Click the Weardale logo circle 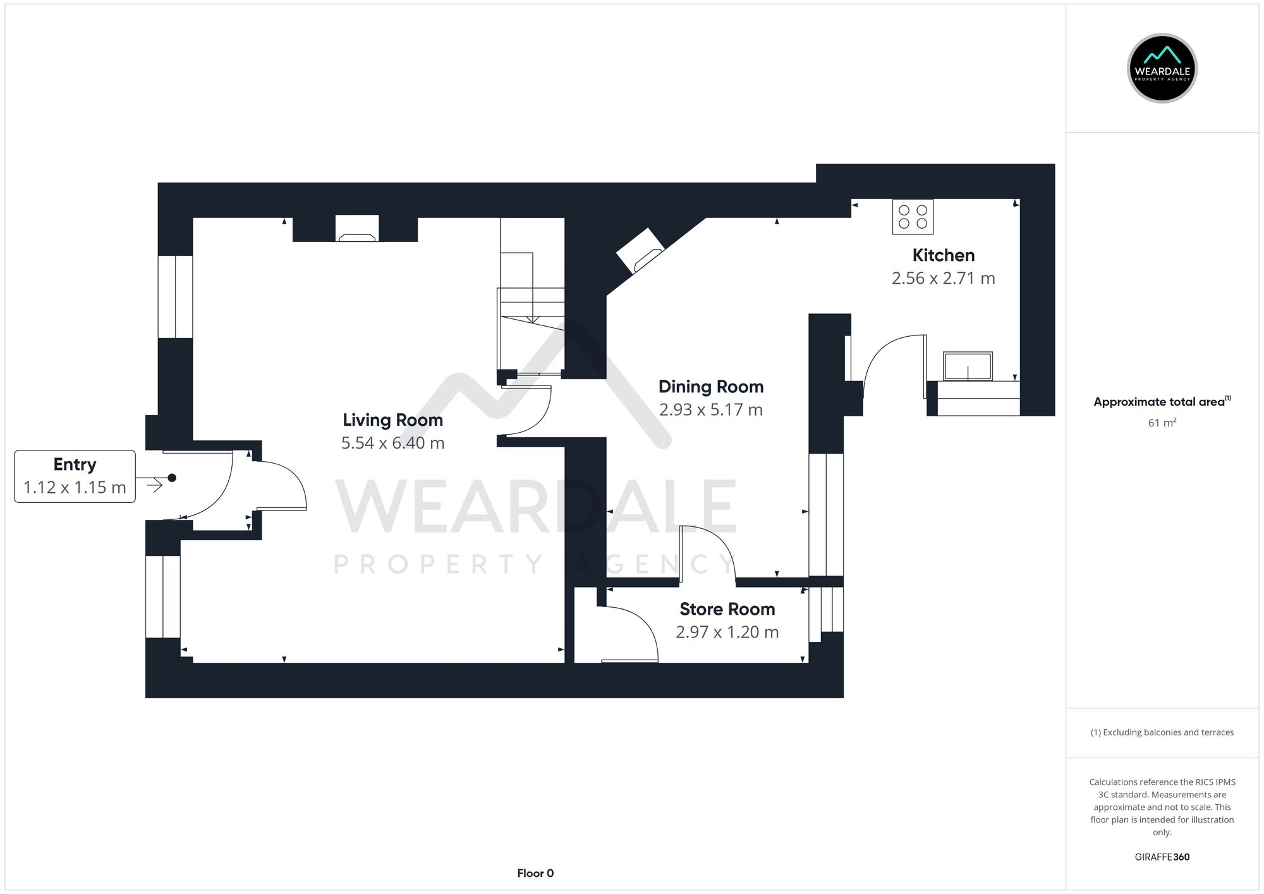tap(1162, 68)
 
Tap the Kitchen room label tap(943, 255)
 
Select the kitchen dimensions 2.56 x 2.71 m tap(943, 279)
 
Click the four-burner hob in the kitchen tap(913, 217)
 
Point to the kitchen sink tap(968, 366)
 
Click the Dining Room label tap(710, 387)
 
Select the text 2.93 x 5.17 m tap(710, 410)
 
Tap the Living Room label tap(392, 420)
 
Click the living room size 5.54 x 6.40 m tap(392, 443)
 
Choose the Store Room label tap(727, 609)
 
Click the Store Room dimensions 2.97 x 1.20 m tap(727, 632)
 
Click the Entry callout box tap(75, 476)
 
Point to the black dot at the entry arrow tap(172, 478)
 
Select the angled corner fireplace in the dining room tap(640, 250)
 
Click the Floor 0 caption tap(535, 873)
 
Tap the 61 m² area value tap(1162, 423)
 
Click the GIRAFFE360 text tap(1162, 857)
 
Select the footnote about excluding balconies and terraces tap(1162, 732)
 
